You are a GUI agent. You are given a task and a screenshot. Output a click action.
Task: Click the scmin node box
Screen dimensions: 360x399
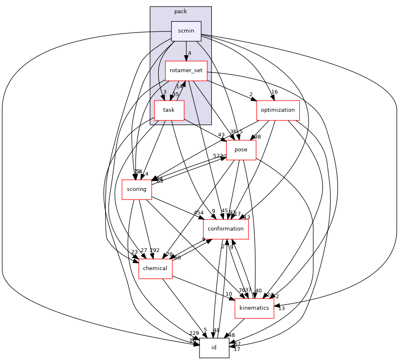[186, 31]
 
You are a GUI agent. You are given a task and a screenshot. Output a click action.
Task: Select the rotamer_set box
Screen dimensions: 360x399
[186, 71]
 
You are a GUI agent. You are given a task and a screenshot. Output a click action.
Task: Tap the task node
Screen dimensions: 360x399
[169, 110]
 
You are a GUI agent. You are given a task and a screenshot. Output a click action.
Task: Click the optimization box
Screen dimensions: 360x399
[277, 110]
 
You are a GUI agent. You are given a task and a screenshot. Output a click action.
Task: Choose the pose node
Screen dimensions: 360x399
[241, 150]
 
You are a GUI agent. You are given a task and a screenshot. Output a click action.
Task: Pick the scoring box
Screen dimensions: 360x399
[136, 189]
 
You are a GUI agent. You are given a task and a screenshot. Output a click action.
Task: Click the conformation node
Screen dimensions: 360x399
[225, 229]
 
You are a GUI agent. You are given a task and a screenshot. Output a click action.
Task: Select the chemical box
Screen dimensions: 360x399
[155, 268]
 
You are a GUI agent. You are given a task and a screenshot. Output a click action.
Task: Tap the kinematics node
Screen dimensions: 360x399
[254, 308]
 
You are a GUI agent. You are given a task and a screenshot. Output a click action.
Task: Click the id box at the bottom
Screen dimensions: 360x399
[214, 348]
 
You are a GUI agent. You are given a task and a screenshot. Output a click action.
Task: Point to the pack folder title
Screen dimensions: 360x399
[181, 11]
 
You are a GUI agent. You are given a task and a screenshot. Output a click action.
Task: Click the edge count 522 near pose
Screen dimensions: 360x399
[218, 156]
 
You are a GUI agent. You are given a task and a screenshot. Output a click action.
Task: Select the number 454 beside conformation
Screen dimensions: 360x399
[199, 213]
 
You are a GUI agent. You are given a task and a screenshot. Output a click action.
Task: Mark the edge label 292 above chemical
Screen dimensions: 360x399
[155, 250]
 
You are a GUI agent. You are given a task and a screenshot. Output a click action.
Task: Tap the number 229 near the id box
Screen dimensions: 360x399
[194, 333]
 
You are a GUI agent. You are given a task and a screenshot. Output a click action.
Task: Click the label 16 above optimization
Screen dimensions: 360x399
[275, 92]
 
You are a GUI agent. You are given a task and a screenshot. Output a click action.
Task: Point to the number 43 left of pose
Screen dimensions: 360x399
[221, 135]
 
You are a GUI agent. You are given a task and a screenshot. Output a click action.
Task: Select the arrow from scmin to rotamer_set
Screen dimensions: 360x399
[186, 51]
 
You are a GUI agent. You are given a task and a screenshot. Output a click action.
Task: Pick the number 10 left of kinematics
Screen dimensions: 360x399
[228, 294]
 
